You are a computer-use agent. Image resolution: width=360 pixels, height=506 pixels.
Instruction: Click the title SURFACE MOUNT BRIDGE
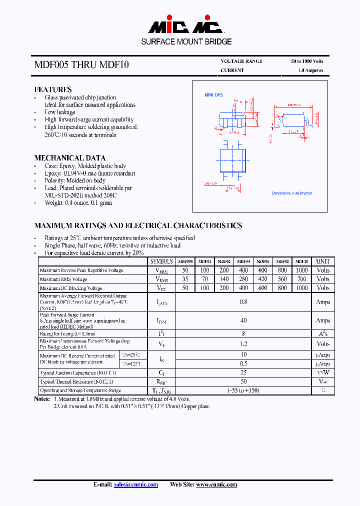point(186,42)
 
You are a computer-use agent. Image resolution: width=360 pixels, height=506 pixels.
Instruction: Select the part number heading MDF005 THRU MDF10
point(81,64)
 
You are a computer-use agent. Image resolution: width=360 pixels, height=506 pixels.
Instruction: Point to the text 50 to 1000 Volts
point(307,61)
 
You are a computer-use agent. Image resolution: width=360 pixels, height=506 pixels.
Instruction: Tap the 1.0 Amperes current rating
point(310,70)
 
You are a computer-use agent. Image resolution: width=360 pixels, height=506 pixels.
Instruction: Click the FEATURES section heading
point(52,89)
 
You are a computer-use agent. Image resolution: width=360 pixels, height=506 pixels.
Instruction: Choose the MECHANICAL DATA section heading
point(69,157)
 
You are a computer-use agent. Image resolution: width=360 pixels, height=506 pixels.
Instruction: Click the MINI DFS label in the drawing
point(214,95)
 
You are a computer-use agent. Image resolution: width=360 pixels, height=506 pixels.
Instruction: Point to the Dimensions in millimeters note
point(291,193)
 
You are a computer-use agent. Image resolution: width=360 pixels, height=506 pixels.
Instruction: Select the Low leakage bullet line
point(59,112)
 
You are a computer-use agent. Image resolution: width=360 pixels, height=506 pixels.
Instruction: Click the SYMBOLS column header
point(161,261)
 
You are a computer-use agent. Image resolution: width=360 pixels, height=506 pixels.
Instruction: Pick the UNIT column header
point(323,261)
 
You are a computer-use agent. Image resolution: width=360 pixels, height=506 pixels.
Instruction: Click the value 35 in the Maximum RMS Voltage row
point(185,279)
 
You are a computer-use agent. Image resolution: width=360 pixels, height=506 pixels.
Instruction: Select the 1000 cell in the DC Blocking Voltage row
point(301,288)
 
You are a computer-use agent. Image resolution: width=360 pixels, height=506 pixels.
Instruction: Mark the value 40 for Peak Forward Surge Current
point(243,320)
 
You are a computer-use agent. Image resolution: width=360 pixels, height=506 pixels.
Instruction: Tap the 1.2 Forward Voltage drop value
point(243,344)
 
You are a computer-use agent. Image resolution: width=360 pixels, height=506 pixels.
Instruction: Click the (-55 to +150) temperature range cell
point(243,390)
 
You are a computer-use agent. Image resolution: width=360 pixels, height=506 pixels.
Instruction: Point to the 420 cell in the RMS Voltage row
point(263,279)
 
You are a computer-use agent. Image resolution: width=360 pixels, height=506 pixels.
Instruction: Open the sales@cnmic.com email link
point(136,484)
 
